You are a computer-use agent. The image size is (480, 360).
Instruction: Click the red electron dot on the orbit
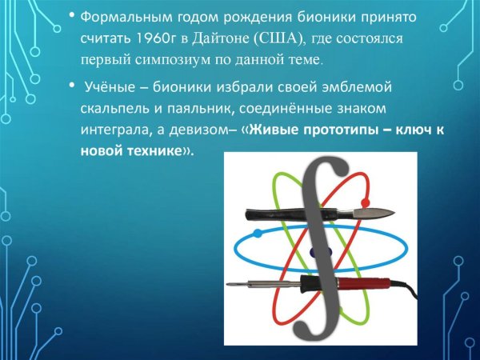[366, 202]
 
